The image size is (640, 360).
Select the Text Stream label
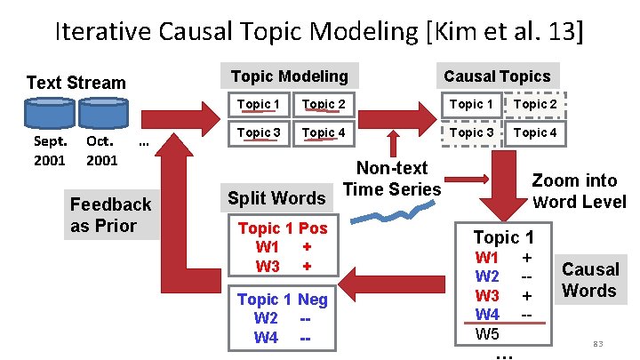pos(76,83)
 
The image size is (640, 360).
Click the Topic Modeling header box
pos(289,76)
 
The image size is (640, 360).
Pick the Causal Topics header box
pos(497,76)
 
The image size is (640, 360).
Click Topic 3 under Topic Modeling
pos(258,132)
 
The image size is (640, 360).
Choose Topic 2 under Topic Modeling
pos(324,105)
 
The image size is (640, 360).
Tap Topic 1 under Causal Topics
pos(471,105)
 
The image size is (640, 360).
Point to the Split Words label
pos(276,197)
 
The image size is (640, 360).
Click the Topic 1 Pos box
pos(283,247)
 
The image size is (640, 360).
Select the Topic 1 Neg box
pos(283,318)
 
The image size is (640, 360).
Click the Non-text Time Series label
pos(392,178)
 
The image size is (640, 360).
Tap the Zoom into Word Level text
pos(579,190)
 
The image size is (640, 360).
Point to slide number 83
pos(597,343)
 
